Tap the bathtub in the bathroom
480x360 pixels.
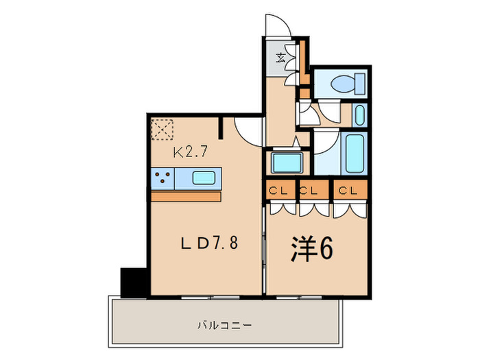[x=355, y=154]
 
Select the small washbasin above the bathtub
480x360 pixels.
[x=359, y=114]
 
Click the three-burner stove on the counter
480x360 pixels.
[x=164, y=178]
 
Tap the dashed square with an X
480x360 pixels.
[x=163, y=129]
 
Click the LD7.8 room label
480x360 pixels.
[x=210, y=243]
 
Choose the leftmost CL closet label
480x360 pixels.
[x=279, y=190]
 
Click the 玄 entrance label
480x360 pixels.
[x=281, y=57]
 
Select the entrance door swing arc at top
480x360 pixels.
[x=278, y=25]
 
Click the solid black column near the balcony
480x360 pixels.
[x=134, y=281]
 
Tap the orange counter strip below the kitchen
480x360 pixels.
[x=185, y=197]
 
